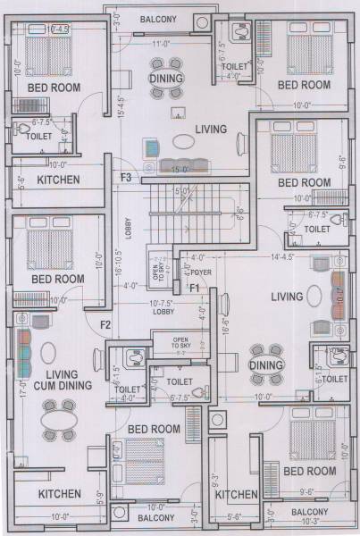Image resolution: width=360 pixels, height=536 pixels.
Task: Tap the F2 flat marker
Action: point(105,323)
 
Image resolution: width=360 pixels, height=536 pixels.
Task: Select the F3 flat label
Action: point(126,178)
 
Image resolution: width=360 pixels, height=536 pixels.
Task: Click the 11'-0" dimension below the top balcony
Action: point(162,43)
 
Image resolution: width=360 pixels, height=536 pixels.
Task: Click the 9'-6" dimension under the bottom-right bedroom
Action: point(307,490)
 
